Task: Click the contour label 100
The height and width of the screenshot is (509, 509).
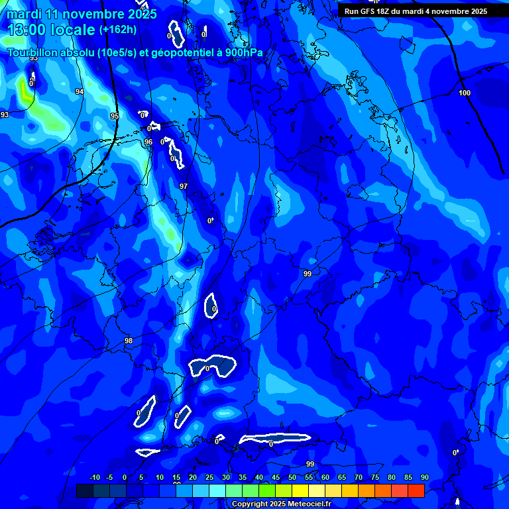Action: (x=465, y=93)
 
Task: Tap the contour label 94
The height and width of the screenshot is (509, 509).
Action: (x=80, y=92)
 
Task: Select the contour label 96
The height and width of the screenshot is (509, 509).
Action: (x=148, y=142)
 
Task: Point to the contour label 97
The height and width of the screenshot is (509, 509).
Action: (x=184, y=187)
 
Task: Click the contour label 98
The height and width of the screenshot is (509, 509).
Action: (x=129, y=341)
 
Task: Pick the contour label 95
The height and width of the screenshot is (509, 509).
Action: (x=115, y=117)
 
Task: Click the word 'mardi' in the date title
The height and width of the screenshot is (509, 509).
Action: (x=24, y=14)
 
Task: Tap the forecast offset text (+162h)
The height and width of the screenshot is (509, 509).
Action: (x=118, y=29)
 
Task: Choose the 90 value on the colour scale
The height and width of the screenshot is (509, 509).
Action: (x=424, y=478)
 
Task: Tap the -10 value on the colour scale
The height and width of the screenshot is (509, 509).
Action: (x=95, y=478)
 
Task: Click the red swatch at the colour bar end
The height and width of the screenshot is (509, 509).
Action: (x=416, y=490)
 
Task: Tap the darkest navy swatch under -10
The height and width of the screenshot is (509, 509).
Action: (x=84, y=490)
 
